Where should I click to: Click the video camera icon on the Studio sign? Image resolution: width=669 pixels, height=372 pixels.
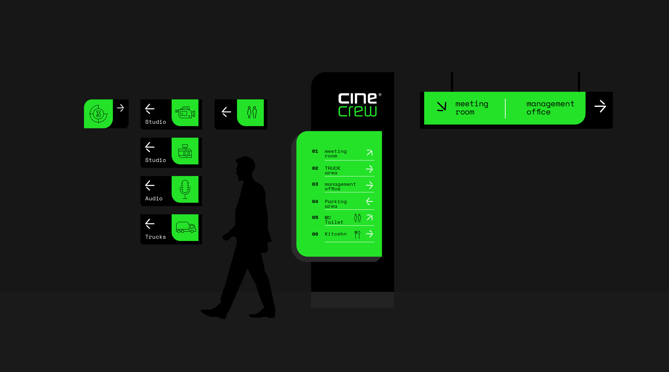tap(185, 112)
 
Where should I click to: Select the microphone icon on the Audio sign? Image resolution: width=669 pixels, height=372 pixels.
tap(185, 189)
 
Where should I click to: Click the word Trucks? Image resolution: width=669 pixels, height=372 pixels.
tap(155, 237)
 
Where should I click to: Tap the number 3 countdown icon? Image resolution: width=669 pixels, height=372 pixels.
tap(98, 114)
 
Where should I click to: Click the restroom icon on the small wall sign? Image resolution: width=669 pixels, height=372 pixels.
tap(252, 112)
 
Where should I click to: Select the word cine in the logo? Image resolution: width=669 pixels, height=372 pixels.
tap(357, 98)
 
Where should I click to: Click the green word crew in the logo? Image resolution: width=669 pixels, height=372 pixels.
tap(357, 111)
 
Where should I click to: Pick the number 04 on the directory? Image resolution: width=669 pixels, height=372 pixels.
tap(315, 201)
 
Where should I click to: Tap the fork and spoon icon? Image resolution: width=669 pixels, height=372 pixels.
tap(357, 234)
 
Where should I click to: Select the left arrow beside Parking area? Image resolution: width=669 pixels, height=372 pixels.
tap(369, 201)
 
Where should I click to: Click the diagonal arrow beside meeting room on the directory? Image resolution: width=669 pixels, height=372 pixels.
tap(370, 152)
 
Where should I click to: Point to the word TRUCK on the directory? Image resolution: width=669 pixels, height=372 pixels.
tap(332, 168)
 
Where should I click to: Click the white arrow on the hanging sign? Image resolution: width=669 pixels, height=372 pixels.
tap(600, 106)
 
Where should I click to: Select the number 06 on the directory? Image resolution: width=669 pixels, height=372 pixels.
tap(315, 234)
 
